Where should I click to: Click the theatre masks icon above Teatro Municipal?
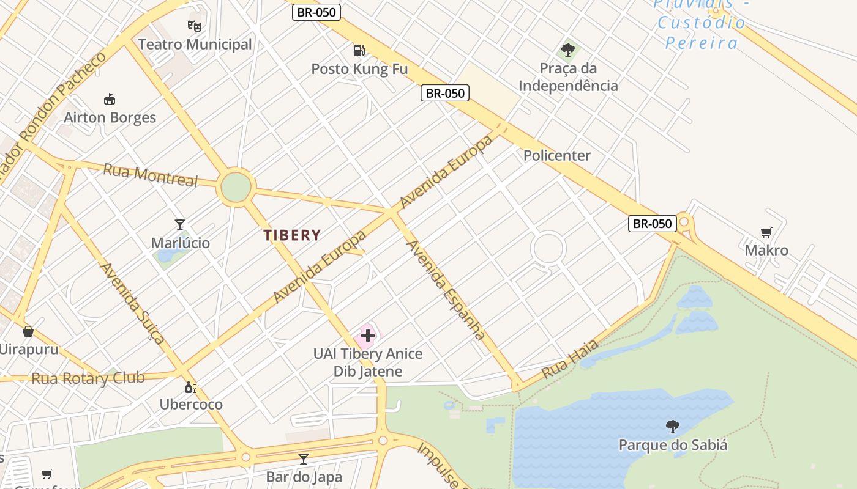pyautogui.click(x=195, y=26)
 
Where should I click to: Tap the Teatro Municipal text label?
pyautogui.click(x=195, y=44)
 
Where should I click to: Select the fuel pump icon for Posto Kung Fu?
pyautogui.click(x=359, y=50)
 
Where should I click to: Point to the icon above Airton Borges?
pyautogui.click(x=110, y=99)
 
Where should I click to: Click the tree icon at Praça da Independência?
pyautogui.click(x=568, y=50)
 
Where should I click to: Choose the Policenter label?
pyautogui.click(x=556, y=155)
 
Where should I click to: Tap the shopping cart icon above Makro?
pyautogui.click(x=766, y=232)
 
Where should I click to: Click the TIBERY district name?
pyautogui.click(x=292, y=235)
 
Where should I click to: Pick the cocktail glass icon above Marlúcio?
pyautogui.click(x=180, y=225)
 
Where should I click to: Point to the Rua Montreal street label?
pyautogui.click(x=151, y=175)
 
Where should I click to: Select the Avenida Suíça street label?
pyautogui.click(x=132, y=303)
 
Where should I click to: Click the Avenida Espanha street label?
pyautogui.click(x=446, y=290)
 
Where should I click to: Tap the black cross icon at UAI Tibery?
pyautogui.click(x=368, y=335)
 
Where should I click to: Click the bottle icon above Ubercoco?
pyautogui.click(x=191, y=387)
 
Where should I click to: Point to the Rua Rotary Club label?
pyautogui.click(x=88, y=378)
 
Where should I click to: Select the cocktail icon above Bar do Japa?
pyautogui.click(x=303, y=458)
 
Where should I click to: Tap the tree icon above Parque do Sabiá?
pyautogui.click(x=673, y=426)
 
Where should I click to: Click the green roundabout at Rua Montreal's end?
pyautogui.click(x=236, y=187)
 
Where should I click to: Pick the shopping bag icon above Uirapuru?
pyautogui.click(x=28, y=331)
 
